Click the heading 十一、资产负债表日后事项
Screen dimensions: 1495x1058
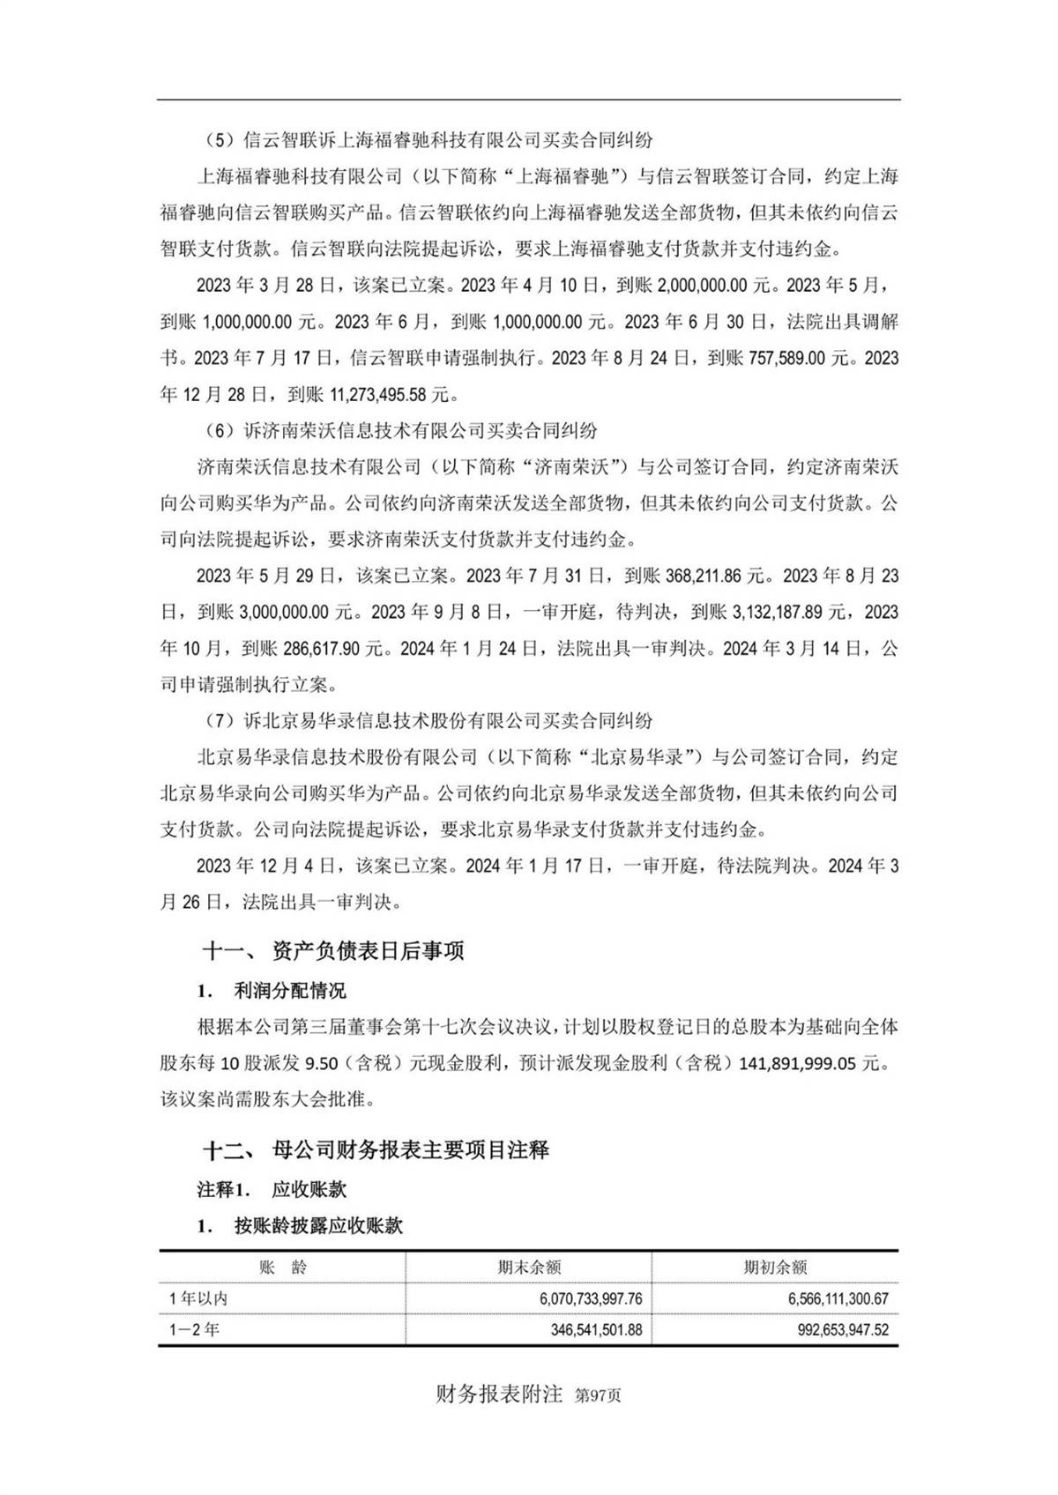click(x=333, y=950)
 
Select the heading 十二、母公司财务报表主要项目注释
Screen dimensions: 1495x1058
click(x=376, y=1149)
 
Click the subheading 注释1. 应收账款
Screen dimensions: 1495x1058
click(x=272, y=1189)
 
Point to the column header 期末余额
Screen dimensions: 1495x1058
click(x=529, y=1268)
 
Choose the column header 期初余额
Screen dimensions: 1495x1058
click(x=775, y=1268)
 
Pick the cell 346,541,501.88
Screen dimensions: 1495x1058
click(x=579, y=1329)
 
